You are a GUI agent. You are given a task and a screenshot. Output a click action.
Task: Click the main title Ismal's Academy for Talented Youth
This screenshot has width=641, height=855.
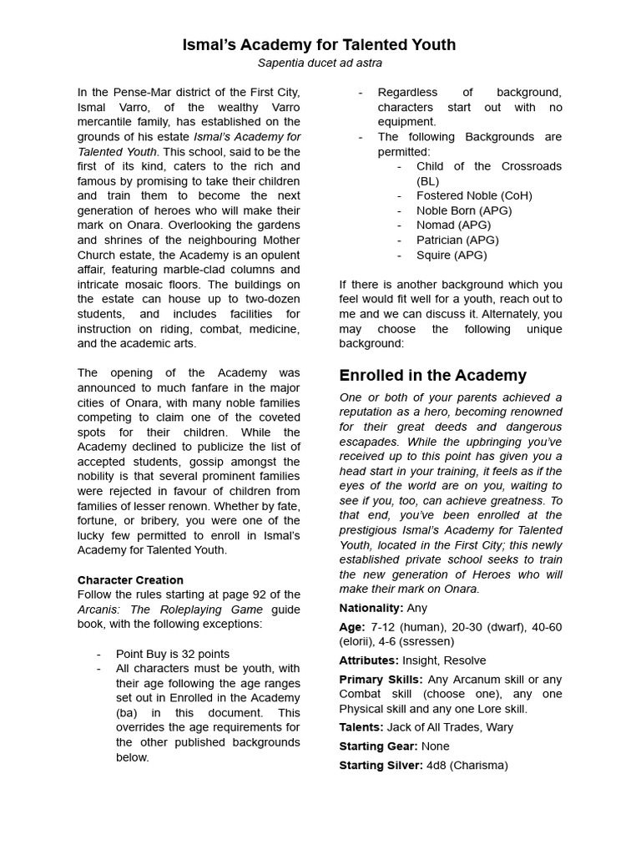tap(320, 44)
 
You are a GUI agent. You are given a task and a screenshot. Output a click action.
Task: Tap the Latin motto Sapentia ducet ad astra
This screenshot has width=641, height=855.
tap(320, 63)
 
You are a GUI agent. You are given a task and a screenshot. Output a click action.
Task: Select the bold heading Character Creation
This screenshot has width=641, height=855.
tap(130, 579)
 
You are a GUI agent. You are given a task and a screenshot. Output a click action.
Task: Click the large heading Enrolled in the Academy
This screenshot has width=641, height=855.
tap(432, 375)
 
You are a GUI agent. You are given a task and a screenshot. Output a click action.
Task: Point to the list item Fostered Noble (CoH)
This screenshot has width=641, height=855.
tap(474, 195)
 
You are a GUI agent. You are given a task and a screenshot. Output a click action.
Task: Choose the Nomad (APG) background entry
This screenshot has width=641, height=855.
tap(453, 225)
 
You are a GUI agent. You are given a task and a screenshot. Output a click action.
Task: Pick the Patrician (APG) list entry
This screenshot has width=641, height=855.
tap(457, 240)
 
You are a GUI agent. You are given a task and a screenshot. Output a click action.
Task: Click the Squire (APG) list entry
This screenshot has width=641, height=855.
tap(452, 255)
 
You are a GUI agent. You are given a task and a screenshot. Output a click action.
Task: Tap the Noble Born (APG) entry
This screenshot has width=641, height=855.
tap(464, 210)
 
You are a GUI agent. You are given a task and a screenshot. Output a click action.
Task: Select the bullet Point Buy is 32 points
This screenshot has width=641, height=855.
tap(173, 654)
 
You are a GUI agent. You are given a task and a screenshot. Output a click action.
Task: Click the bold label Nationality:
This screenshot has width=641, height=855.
tap(371, 608)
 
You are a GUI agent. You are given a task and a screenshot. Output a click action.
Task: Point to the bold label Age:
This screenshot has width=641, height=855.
tap(351, 626)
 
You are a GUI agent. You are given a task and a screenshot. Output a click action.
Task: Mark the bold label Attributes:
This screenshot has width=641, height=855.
tap(369, 660)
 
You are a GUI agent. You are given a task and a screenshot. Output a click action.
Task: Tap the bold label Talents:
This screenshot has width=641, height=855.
tap(361, 726)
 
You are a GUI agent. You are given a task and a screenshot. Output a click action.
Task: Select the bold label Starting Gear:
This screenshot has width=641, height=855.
tap(378, 746)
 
